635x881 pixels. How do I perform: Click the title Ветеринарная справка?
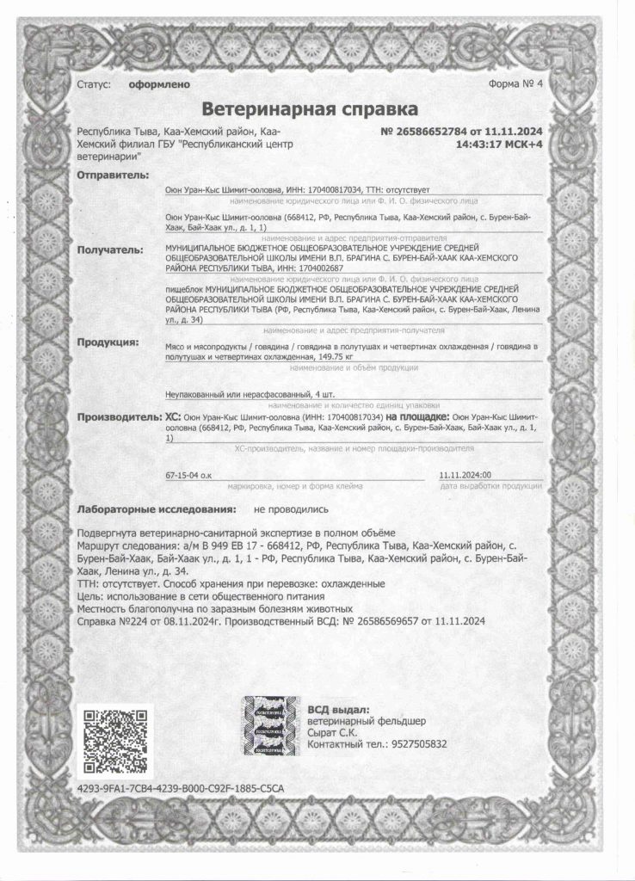309,109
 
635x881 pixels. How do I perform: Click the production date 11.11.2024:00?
465,474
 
